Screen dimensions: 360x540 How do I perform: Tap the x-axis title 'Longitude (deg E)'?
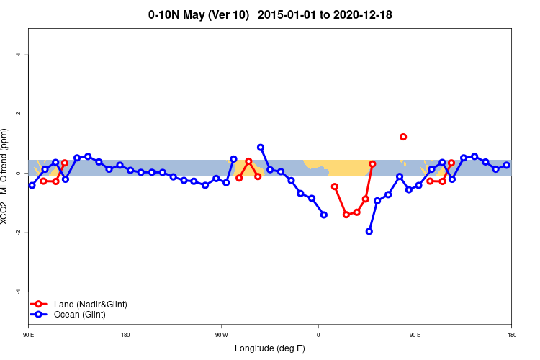(270, 348)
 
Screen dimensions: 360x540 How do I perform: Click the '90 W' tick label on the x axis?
(221, 335)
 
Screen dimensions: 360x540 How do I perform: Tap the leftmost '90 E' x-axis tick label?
(29, 335)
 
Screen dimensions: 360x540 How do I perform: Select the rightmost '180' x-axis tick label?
(511, 335)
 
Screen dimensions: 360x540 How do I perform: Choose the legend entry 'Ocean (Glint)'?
(80, 315)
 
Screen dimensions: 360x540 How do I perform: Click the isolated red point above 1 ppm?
(403, 137)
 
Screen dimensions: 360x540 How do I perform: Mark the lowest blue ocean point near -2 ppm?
(369, 231)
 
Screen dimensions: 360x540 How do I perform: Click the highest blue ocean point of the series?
(261, 147)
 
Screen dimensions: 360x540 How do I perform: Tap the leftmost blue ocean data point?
(32, 185)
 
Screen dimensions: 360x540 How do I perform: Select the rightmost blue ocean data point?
(507, 165)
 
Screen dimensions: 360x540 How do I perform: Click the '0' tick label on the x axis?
(318, 335)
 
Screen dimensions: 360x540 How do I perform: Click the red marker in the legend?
(41, 305)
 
